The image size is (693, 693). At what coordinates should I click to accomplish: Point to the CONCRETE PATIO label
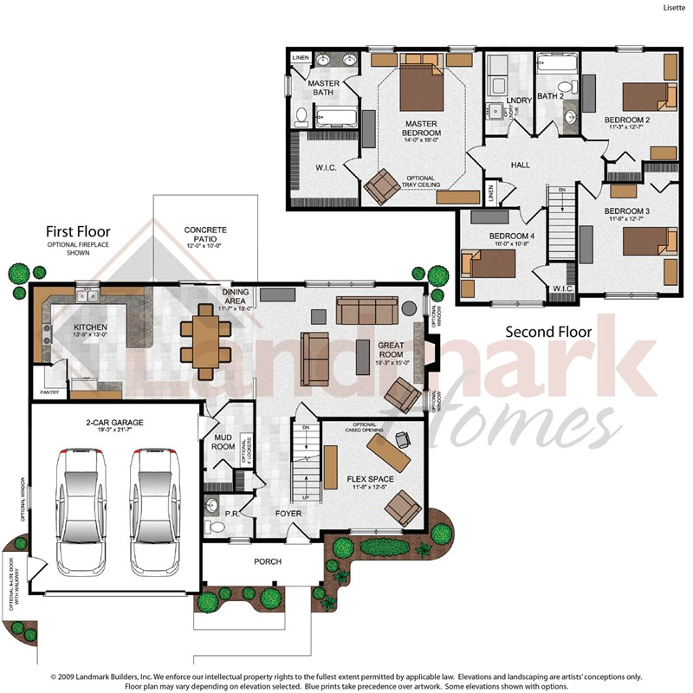(x=205, y=235)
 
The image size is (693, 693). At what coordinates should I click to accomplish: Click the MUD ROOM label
(x=223, y=442)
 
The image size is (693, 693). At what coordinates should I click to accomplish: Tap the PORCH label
(x=268, y=561)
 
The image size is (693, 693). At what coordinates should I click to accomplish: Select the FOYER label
(x=288, y=514)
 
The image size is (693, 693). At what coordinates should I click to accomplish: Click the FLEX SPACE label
(x=370, y=479)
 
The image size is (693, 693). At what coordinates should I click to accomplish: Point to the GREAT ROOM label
(x=391, y=350)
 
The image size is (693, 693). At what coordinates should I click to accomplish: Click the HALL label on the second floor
(x=520, y=165)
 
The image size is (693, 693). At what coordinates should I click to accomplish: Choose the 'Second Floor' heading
(x=548, y=331)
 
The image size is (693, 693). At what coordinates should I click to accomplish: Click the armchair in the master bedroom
(x=379, y=185)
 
